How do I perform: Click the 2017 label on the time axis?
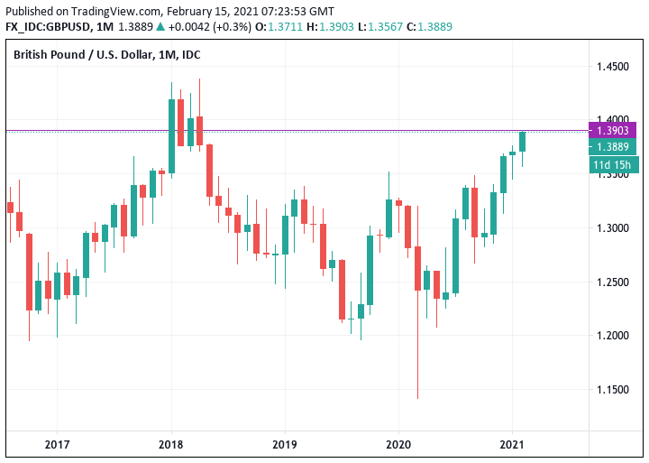click(x=57, y=444)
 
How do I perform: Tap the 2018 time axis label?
click(x=170, y=444)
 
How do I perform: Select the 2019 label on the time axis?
click(x=284, y=444)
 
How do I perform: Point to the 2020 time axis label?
click(x=398, y=444)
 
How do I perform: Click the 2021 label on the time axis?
click(x=512, y=444)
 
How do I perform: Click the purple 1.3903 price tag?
click(x=613, y=131)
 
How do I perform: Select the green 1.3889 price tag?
click(x=613, y=147)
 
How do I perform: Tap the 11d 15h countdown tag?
click(x=613, y=164)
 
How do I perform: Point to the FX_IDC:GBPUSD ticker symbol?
click(x=50, y=27)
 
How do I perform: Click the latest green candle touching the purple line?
click(x=523, y=141)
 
